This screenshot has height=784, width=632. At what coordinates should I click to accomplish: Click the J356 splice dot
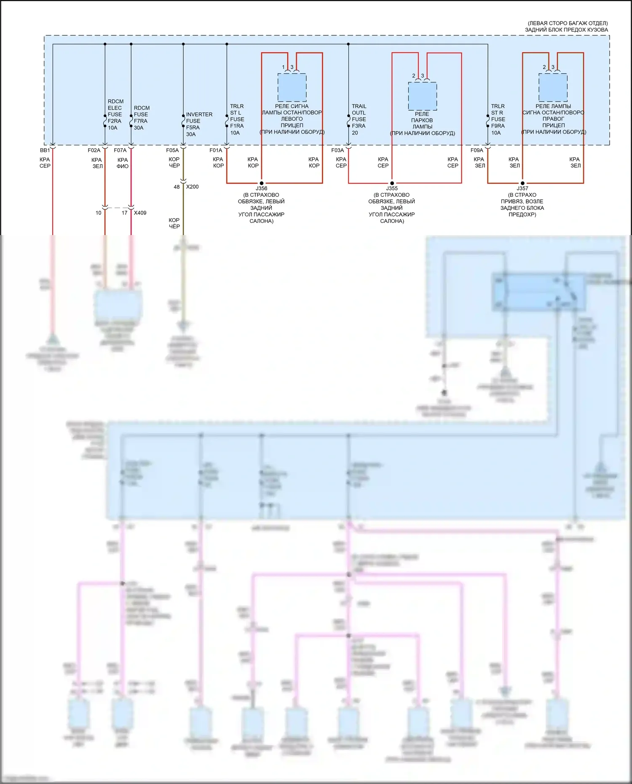(262, 183)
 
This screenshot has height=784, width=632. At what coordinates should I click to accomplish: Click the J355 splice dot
(392, 183)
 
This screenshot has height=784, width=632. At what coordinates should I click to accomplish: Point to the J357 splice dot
(522, 183)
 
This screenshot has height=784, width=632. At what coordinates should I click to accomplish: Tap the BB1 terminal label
(45, 150)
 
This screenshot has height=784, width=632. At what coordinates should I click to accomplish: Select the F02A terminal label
(94, 150)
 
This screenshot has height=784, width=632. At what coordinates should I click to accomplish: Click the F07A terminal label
(120, 150)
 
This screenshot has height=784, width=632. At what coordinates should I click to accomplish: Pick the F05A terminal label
(172, 150)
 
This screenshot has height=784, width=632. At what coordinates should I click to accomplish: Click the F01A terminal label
(216, 150)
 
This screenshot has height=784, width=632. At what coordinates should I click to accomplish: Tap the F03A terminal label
(337, 150)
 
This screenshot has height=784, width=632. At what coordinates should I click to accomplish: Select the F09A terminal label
(477, 150)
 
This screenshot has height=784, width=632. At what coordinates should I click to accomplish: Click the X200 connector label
(193, 187)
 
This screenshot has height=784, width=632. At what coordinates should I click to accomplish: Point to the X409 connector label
(140, 213)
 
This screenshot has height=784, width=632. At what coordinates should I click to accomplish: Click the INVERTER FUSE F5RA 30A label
(199, 124)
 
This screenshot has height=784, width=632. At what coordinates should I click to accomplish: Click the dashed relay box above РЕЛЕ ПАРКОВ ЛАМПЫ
(422, 96)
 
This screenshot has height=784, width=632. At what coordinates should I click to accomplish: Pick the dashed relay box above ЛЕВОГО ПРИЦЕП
(292, 88)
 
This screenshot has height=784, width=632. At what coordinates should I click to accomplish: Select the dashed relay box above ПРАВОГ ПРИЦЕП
(553, 88)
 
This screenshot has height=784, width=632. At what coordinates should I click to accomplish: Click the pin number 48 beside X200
(177, 187)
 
